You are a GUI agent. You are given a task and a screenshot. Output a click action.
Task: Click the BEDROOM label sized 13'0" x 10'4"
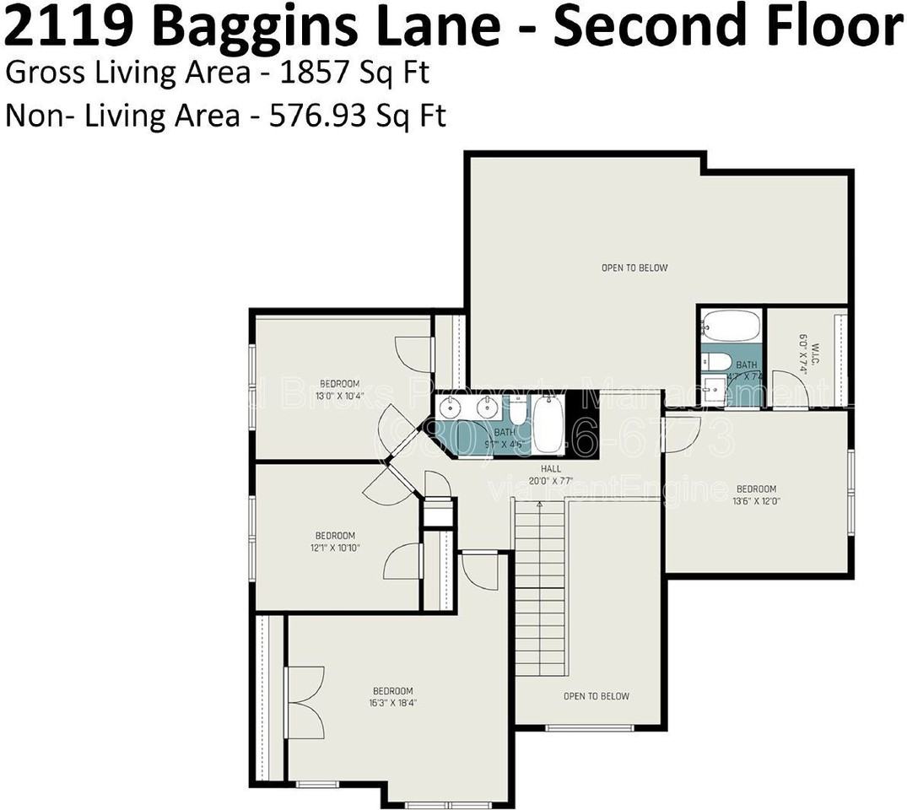339,384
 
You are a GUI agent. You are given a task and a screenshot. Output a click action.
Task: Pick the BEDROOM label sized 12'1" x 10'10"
335,536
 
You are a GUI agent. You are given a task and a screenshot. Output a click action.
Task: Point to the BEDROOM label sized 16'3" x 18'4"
392,690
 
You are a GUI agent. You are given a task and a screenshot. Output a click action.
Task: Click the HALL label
551,469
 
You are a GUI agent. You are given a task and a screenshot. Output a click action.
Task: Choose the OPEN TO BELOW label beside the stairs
597,696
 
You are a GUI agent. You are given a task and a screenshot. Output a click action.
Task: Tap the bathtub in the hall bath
548,426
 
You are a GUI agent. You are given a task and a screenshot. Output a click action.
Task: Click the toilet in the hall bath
518,412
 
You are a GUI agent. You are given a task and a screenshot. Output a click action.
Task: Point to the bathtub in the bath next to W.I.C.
731,326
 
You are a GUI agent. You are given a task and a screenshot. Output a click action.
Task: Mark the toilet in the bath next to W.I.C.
717,362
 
